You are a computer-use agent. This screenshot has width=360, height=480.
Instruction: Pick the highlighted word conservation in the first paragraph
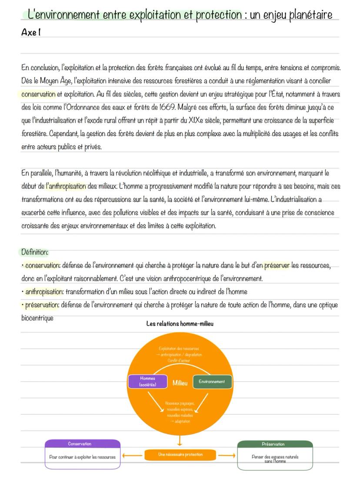click(38, 94)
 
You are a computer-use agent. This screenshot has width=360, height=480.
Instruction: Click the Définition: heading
click(35, 252)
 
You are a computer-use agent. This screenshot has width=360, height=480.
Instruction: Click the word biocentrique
click(37, 318)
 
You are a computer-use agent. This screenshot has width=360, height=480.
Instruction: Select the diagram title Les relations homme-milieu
click(180, 324)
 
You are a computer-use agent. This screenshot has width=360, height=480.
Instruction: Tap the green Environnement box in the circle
click(212, 382)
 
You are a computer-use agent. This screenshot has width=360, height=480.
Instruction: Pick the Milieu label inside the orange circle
click(180, 383)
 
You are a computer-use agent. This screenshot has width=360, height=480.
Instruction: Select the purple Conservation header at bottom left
click(83, 444)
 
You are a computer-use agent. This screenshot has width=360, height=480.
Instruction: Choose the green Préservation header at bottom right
click(275, 444)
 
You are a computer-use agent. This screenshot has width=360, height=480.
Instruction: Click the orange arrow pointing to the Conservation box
click(132, 456)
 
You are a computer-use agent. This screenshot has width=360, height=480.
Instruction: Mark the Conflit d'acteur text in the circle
click(180, 361)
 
